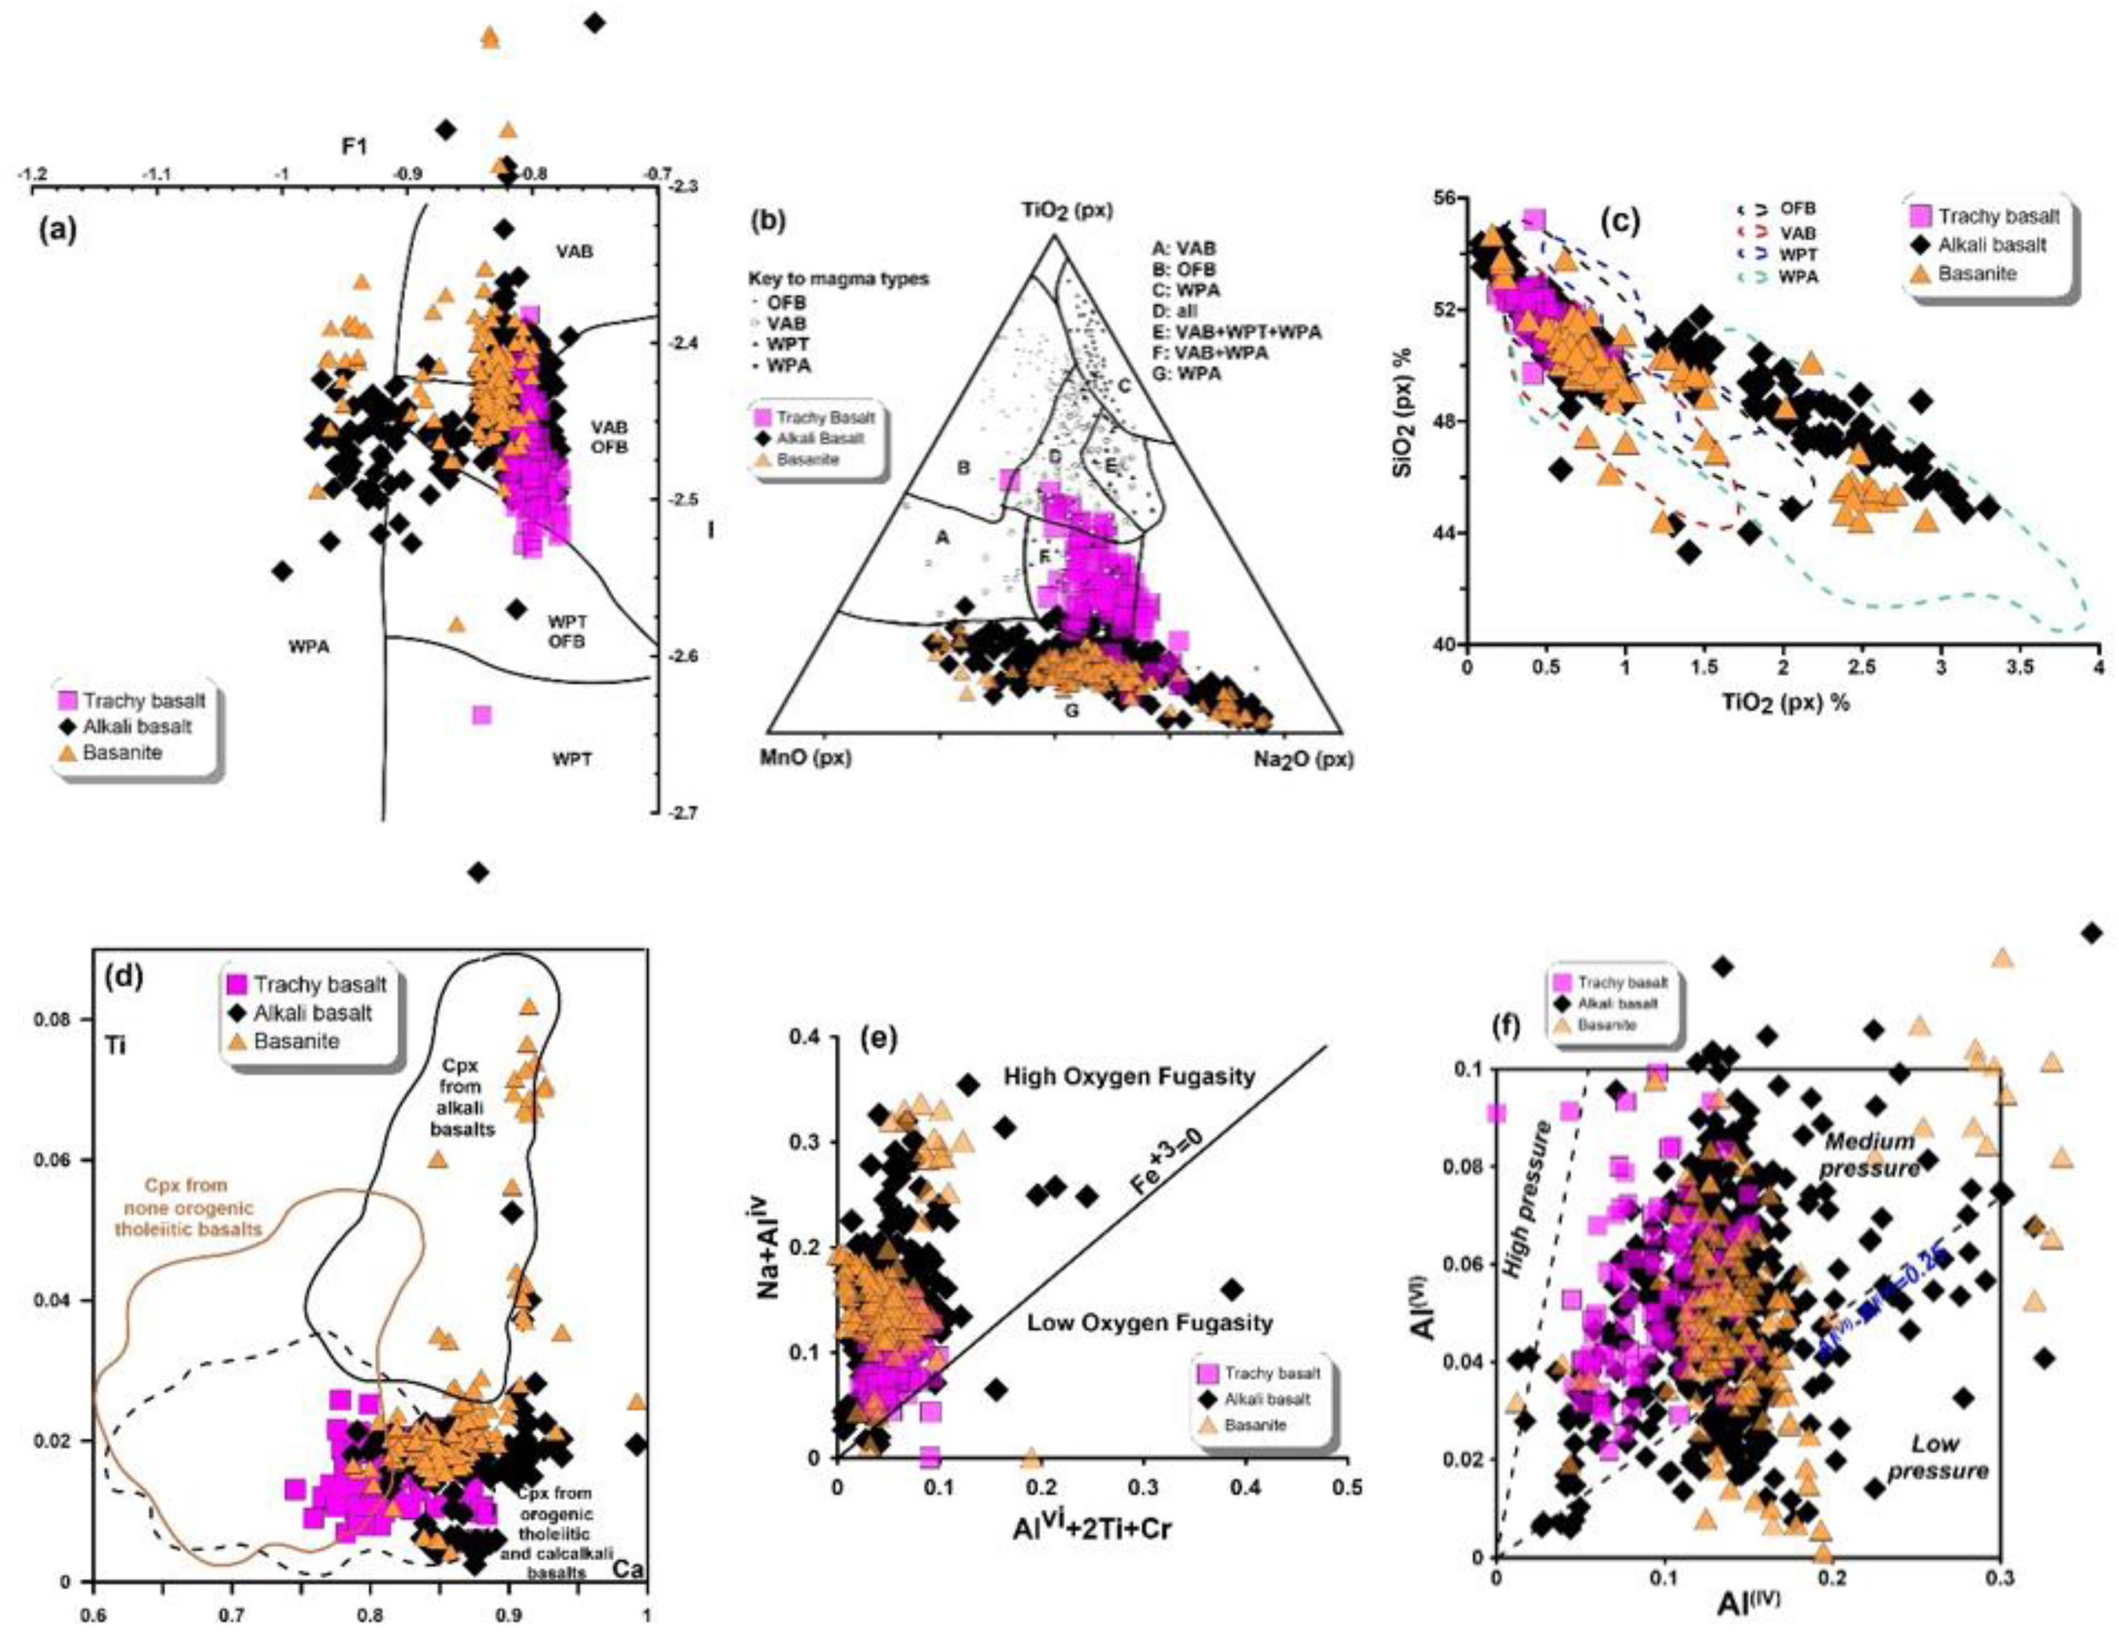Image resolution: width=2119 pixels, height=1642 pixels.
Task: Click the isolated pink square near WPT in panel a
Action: pos(481,715)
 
